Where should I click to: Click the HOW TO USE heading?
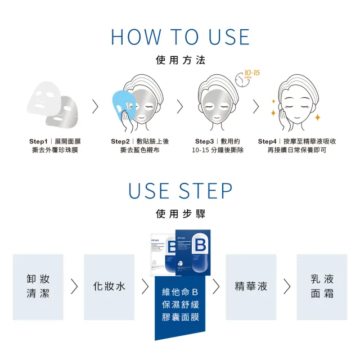(x=180, y=37)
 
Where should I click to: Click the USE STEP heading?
(x=180, y=191)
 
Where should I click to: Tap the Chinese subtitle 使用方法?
(x=180, y=60)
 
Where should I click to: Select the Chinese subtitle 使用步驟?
(x=180, y=214)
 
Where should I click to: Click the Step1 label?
(x=40, y=141)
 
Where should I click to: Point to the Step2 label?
(x=120, y=141)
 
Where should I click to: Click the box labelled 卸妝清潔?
(x=38, y=286)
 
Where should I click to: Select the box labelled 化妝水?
(x=109, y=286)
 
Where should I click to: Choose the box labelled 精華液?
(x=251, y=286)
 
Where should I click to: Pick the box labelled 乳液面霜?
(x=322, y=286)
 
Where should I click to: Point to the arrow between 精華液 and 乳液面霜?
(x=287, y=286)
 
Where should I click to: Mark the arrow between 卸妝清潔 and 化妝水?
(x=74, y=286)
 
